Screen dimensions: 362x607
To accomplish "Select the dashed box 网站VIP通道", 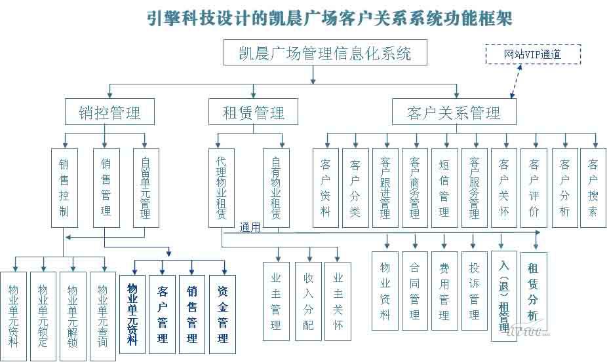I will click(532, 54).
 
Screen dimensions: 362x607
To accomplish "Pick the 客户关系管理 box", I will click(454, 113).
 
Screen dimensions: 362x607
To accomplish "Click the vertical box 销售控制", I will click(64, 187).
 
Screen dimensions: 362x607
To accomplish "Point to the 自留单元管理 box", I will click(146, 187).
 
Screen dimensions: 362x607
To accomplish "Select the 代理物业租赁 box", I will click(222, 187).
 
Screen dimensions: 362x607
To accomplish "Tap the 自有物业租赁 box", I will click(276, 187).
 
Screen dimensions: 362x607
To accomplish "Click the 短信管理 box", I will click(444, 187).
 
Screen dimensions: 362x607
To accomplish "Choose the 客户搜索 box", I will click(593, 187).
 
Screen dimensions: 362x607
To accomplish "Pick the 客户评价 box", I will click(534, 187).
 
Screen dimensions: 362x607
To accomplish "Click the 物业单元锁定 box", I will click(43, 316).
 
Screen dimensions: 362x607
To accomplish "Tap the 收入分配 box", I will click(308, 300).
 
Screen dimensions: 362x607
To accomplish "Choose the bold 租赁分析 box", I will click(533, 292).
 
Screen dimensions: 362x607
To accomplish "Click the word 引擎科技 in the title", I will click(172, 18).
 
